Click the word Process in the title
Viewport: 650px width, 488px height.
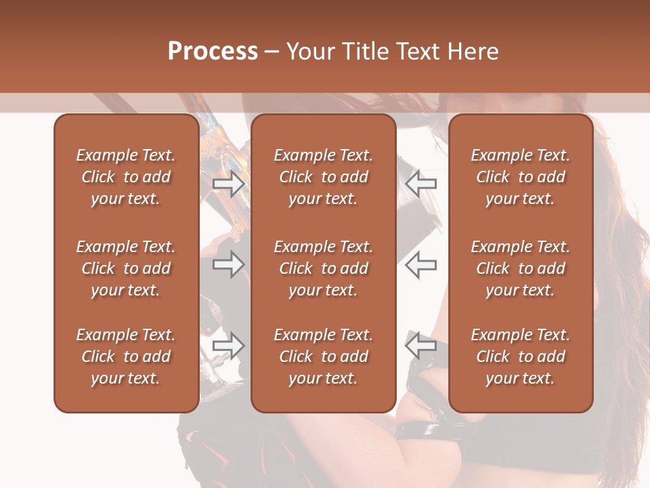click(213, 52)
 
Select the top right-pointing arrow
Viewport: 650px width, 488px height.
click(228, 183)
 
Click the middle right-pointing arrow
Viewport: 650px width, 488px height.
click(228, 264)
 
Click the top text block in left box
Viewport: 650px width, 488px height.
click(126, 177)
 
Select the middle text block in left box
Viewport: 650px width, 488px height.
click(126, 268)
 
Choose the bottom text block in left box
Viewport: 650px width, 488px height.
click(126, 357)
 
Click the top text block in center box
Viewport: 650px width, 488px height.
click(323, 177)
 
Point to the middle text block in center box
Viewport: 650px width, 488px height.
click(323, 268)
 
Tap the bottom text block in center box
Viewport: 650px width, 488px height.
click(323, 357)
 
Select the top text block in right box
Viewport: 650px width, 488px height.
click(520, 177)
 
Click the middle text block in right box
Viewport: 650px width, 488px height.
click(520, 268)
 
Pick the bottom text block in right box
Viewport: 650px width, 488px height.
click(520, 357)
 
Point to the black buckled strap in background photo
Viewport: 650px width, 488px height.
click(423, 428)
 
